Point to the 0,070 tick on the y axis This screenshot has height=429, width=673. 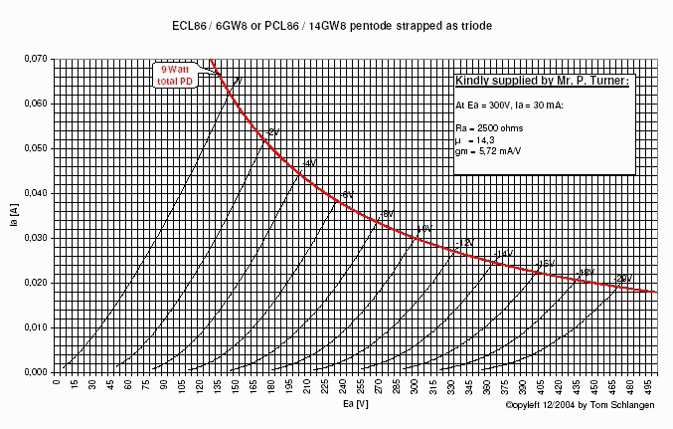tap(34, 60)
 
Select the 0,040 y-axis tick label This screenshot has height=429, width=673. tap(34, 193)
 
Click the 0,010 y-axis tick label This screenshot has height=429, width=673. tap(34, 327)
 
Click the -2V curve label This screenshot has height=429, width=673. tap(272, 132)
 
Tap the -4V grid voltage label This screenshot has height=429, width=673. tap(309, 163)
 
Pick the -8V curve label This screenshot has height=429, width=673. tap(387, 214)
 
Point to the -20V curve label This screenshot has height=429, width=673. tap(623, 278)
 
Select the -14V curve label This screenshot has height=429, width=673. tap(504, 255)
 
